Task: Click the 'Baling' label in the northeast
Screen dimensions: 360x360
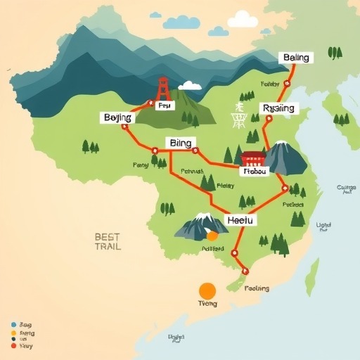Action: [x=296, y=58]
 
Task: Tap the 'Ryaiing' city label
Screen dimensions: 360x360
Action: [x=280, y=108]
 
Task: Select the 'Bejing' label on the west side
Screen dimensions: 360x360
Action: [x=117, y=117]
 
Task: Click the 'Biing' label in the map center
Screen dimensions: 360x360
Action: [x=181, y=143]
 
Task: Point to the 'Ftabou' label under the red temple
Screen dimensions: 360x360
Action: [x=254, y=171]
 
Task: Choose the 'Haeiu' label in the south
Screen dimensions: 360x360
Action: [x=242, y=220]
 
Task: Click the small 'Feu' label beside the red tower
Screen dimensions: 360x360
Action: [x=164, y=105]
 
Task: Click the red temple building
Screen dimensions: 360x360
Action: [x=252, y=157]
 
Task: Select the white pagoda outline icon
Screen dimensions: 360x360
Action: [x=239, y=115]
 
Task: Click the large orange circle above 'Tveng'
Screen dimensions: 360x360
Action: [x=207, y=290]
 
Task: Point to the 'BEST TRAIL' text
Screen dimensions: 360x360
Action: [x=108, y=242]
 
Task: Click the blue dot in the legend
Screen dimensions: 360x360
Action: [x=13, y=325]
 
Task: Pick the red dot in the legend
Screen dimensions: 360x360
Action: [x=13, y=345]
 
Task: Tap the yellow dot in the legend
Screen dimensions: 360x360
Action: [x=13, y=333]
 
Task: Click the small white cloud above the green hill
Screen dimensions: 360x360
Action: [x=190, y=86]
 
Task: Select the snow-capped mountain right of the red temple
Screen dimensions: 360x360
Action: [x=284, y=158]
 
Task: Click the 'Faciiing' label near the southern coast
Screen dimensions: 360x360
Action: [x=257, y=288]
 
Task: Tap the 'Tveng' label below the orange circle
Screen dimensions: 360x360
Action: [x=207, y=304]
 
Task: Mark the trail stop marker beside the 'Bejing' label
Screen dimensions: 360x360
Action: [x=124, y=127]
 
